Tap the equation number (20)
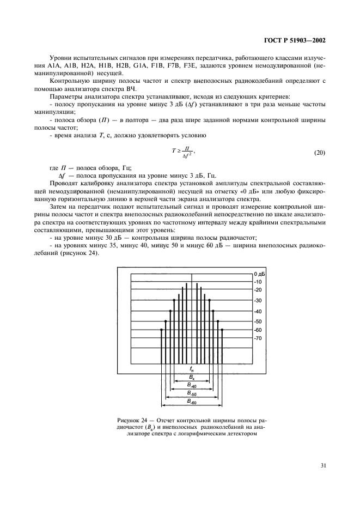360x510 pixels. [319, 153]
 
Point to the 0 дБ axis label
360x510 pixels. [259, 273]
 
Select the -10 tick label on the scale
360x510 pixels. [258, 282]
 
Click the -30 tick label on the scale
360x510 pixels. [258, 300]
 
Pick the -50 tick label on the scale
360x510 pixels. [258, 321]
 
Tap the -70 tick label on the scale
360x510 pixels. [258, 338]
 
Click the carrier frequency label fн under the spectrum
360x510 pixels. [192, 369]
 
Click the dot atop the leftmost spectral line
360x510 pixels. [162, 330]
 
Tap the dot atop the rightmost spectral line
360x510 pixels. [222, 330]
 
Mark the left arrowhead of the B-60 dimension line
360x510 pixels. [163, 405]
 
